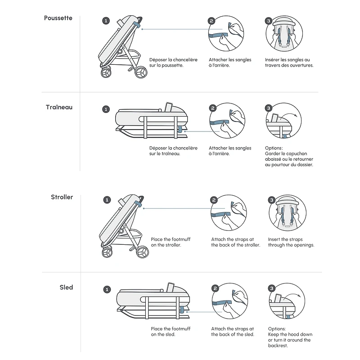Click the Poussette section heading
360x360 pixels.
(x=58, y=18)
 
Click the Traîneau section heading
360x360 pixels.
(x=59, y=108)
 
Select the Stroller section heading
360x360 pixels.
(x=62, y=197)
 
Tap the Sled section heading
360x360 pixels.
(x=66, y=287)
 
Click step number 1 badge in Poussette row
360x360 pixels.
(x=106, y=21)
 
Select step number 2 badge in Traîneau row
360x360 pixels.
(x=213, y=108)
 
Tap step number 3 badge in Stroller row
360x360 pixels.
(x=271, y=200)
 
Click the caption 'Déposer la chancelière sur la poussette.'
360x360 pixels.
(x=173, y=63)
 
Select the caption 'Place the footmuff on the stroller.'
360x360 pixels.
(x=171, y=242)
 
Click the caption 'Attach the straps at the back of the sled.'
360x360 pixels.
(x=233, y=332)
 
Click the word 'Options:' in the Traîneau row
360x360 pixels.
(x=274, y=148)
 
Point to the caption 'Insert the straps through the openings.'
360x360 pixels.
(x=291, y=242)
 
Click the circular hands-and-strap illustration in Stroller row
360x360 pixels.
(x=229, y=213)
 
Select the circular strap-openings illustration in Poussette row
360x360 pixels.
(x=283, y=34)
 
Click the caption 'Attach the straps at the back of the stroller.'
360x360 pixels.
(x=235, y=242)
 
